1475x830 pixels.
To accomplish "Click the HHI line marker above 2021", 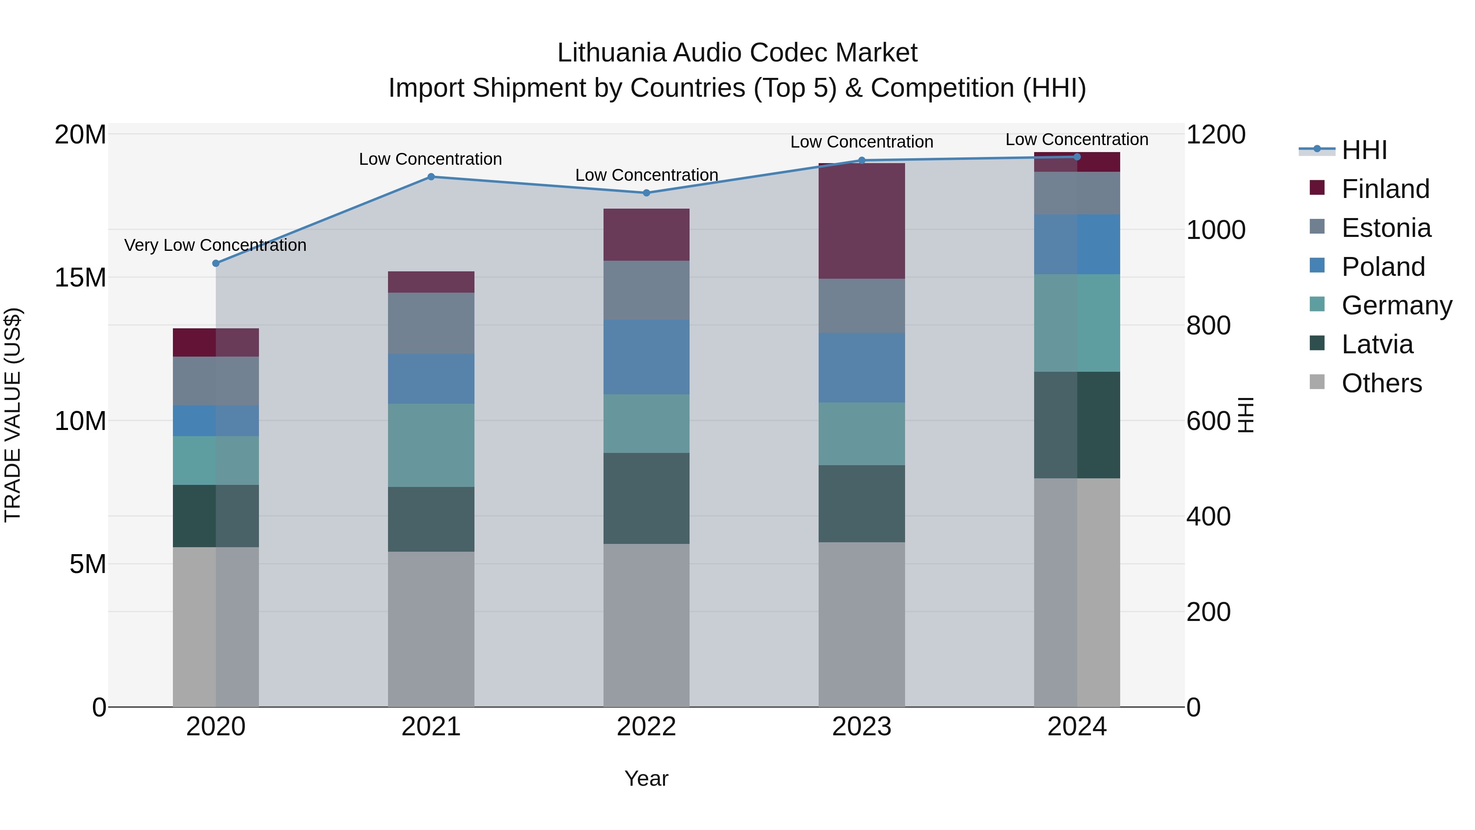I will [431, 177].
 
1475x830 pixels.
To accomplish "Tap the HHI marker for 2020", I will [216, 264].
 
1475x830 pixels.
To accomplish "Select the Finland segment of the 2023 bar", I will [862, 221].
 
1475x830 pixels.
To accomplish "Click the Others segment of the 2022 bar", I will [647, 625].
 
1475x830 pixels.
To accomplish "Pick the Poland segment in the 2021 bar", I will [431, 379].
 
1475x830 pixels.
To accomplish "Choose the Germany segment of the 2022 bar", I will [647, 423].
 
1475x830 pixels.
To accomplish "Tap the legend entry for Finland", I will [1385, 189].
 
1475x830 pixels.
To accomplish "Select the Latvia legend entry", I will [1377, 344].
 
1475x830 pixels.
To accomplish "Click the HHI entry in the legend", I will [1364, 150].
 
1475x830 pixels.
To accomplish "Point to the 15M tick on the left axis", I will [80, 278].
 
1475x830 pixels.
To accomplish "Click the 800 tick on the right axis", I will [1208, 325].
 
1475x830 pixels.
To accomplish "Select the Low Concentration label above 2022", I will [647, 175].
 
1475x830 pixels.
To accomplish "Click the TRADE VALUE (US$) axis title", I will [13, 415].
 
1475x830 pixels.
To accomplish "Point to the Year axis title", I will [647, 778].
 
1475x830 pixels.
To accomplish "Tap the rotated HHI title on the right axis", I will [1246, 415].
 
